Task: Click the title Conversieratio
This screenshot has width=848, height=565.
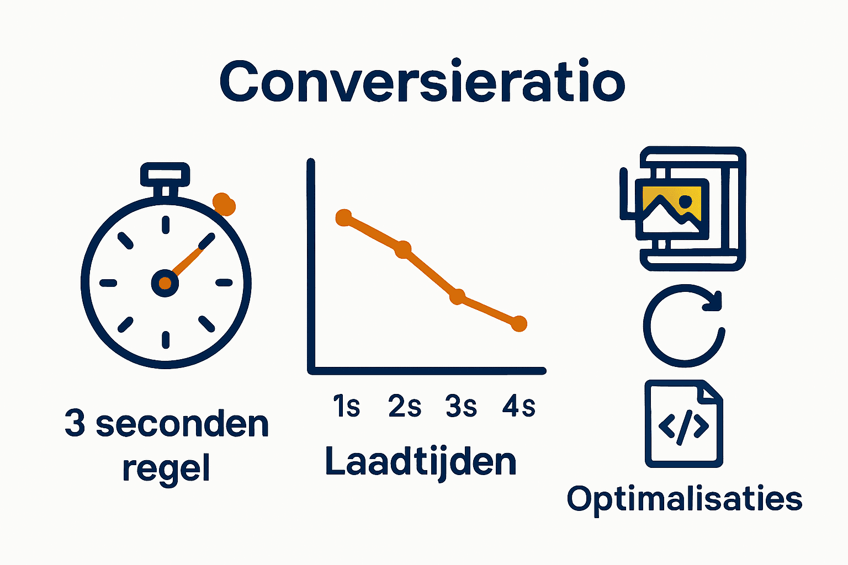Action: pyautogui.click(x=422, y=83)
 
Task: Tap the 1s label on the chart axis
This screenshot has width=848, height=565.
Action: pyautogui.click(x=346, y=407)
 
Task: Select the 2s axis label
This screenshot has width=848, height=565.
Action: pyautogui.click(x=405, y=407)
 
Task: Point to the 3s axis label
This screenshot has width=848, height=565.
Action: pyautogui.click(x=461, y=407)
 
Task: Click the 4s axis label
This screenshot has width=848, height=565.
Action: pyautogui.click(x=519, y=407)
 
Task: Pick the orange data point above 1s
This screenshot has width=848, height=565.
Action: pyautogui.click(x=343, y=218)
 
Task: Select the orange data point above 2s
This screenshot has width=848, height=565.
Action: pyautogui.click(x=403, y=249)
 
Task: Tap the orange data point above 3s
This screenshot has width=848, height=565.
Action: pyautogui.click(x=457, y=297)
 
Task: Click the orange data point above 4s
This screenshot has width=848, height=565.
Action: pyautogui.click(x=518, y=323)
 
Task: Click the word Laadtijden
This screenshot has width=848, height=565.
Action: pyautogui.click(x=421, y=462)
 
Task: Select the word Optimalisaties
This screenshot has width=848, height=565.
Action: pyautogui.click(x=685, y=499)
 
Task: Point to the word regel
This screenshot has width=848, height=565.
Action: pyautogui.click(x=166, y=469)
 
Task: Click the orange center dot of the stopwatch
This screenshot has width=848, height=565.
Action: pyautogui.click(x=165, y=283)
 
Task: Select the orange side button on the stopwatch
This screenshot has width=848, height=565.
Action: pyautogui.click(x=224, y=204)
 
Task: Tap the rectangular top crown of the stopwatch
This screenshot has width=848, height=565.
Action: pyautogui.click(x=165, y=174)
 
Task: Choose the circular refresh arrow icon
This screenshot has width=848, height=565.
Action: pyautogui.click(x=683, y=326)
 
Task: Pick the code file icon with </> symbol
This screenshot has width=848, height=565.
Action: pyautogui.click(x=683, y=424)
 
